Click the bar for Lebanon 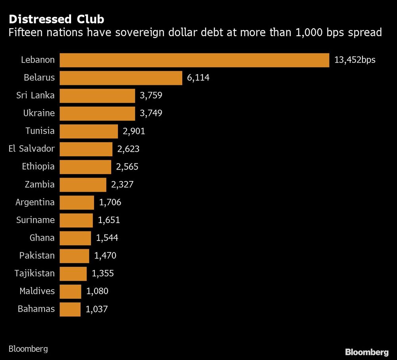click(194, 60)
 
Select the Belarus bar click(121, 78)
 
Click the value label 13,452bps click(355, 60)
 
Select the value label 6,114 click(198, 78)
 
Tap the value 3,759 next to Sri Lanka click(151, 96)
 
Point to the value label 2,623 click(128, 149)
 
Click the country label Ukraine click(39, 114)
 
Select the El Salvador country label click(32, 149)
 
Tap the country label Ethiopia click(38, 167)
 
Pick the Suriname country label click(36, 220)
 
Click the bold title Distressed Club click(57, 19)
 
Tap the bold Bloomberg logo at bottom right click(366, 352)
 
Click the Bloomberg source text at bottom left click(28, 349)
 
